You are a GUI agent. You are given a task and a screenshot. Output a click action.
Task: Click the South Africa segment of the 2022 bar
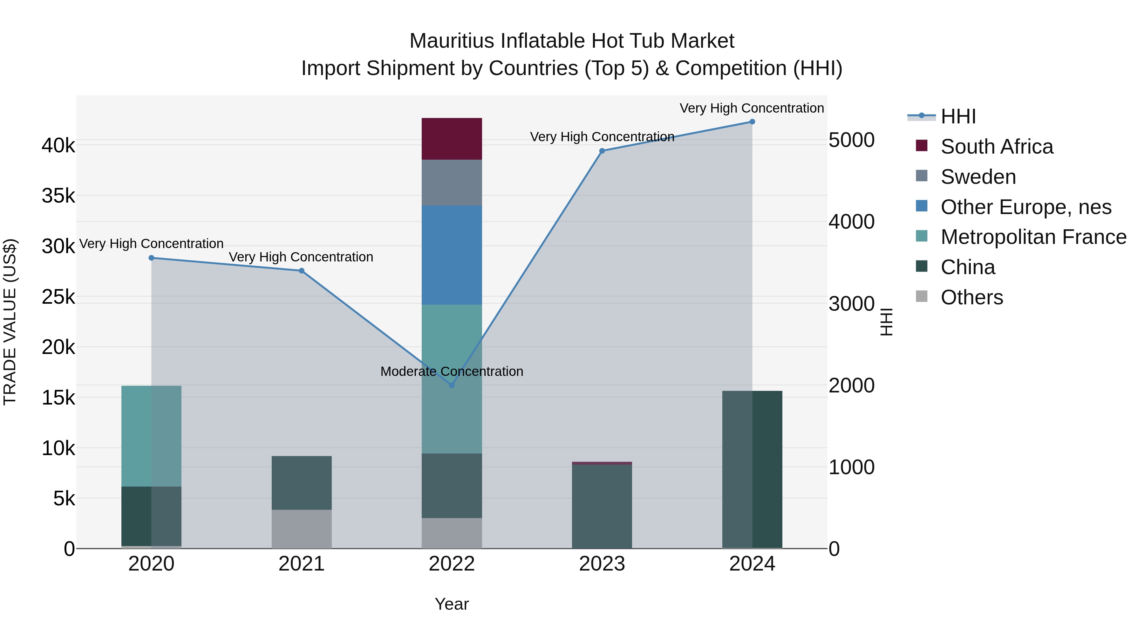(452, 139)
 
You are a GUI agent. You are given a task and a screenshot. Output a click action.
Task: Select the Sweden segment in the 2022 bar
(452, 182)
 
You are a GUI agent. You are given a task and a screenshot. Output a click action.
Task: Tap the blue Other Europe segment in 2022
(452, 255)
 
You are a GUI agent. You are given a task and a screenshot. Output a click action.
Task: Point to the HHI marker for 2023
(602, 151)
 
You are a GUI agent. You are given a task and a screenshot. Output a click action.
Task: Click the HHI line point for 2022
(452, 385)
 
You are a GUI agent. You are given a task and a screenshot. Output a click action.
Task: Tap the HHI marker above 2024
(752, 121)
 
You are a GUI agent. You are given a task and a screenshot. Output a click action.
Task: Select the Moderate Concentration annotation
(452, 371)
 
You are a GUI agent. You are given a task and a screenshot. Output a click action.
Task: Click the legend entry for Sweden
(977, 177)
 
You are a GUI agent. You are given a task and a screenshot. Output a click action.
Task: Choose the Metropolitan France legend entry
(1033, 237)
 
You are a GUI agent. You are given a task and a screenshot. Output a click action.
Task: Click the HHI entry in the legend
(958, 116)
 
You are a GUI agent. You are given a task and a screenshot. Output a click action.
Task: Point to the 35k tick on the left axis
(58, 196)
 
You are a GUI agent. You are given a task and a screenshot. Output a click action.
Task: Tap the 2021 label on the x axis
(302, 564)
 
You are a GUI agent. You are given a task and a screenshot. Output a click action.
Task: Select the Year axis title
(452, 604)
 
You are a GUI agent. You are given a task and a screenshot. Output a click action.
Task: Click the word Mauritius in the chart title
(452, 41)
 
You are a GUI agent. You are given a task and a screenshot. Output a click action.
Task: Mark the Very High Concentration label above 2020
(151, 244)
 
